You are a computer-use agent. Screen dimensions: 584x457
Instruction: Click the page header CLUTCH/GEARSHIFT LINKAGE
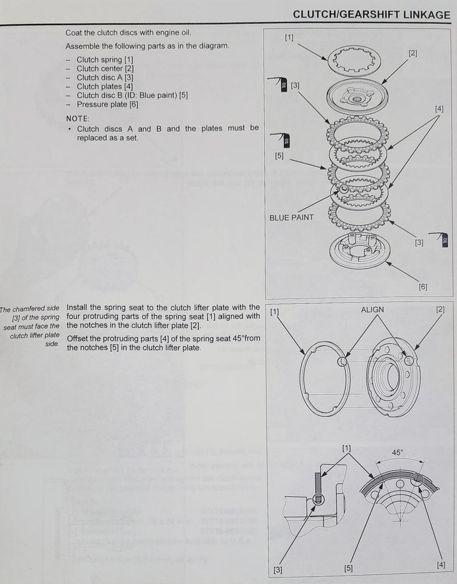[x=371, y=15]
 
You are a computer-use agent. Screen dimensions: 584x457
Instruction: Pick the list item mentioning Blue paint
[x=132, y=95]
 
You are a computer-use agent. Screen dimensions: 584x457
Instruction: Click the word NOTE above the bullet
[x=77, y=118]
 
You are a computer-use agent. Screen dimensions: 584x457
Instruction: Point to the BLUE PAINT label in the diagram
[x=291, y=217]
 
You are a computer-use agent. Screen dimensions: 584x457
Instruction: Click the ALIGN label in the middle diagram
[x=372, y=310]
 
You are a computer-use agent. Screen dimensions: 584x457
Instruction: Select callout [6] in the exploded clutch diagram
[x=423, y=287]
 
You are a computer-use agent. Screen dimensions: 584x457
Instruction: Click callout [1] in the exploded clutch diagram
[x=289, y=38]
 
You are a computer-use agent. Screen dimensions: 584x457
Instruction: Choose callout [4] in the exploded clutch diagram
[x=439, y=108]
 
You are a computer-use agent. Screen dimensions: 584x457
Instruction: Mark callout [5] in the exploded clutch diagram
[x=279, y=156]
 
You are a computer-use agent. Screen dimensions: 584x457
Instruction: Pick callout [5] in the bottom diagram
[x=348, y=568]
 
